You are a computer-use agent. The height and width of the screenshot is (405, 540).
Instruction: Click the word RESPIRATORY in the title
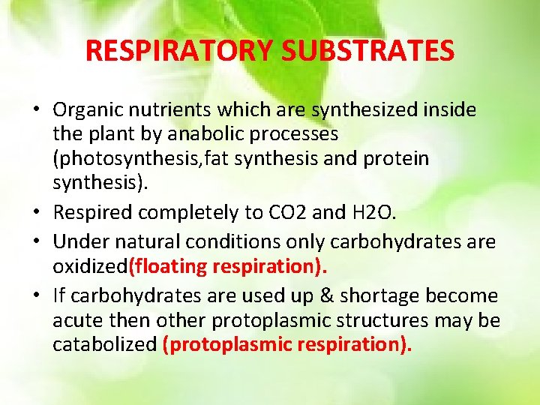click(180, 50)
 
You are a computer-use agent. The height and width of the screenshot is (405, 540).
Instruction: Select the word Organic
click(85, 110)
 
